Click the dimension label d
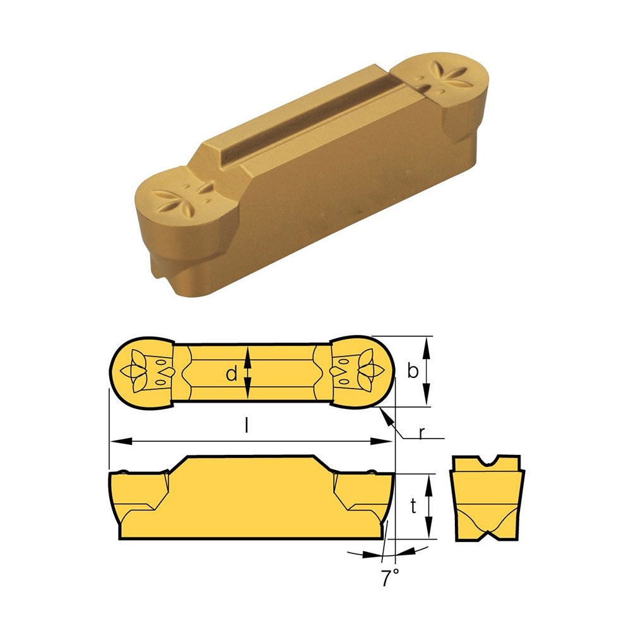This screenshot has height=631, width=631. [x=232, y=374]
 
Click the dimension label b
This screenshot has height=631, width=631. [x=413, y=372]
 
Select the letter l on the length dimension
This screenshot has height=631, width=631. [x=247, y=427]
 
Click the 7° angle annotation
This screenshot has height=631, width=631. [x=389, y=578]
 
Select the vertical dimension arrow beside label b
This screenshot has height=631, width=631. [x=428, y=371]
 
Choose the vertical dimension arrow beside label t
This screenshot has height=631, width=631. [x=428, y=506]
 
